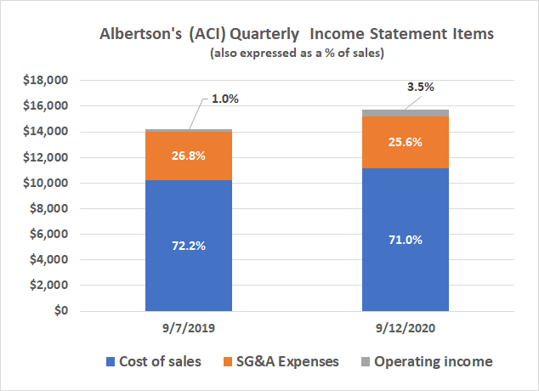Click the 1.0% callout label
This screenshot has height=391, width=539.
pyautogui.click(x=224, y=99)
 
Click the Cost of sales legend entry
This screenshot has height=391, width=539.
pyautogui.click(x=152, y=362)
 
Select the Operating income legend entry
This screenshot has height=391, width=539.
pyautogui.click(x=433, y=362)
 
